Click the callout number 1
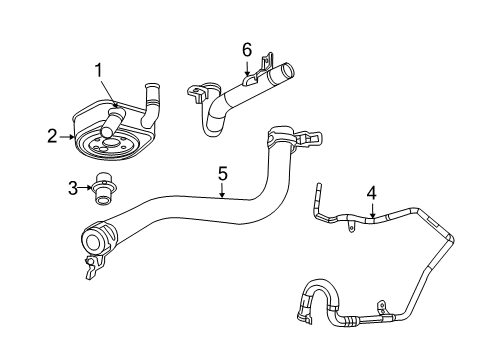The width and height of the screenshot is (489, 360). [98, 71]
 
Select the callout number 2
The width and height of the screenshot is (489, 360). [52, 136]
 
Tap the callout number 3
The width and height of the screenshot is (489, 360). [73, 188]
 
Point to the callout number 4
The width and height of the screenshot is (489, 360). [372, 194]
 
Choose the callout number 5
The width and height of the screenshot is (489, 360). [222, 174]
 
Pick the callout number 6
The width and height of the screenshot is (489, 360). [247, 50]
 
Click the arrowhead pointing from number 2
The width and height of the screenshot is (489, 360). [72, 136]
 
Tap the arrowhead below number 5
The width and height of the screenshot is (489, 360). [222, 195]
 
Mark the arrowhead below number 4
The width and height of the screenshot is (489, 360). [372, 214]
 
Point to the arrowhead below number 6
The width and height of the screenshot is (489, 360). [247, 72]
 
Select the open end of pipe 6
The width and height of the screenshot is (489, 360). [286, 72]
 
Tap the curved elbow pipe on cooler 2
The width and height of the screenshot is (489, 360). [151, 106]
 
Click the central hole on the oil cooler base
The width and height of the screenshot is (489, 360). [109, 143]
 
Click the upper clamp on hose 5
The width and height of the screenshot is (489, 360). [282, 136]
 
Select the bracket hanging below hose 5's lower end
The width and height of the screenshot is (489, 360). [94, 266]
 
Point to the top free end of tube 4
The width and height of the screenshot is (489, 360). [318, 185]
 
